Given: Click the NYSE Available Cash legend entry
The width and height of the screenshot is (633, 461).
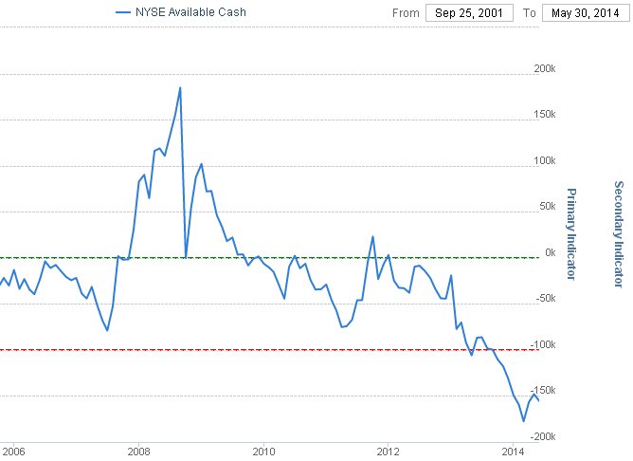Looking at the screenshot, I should click(185, 12).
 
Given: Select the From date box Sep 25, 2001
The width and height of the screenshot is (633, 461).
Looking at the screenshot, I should click(468, 13).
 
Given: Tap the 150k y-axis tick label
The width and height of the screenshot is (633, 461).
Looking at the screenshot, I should click(546, 115).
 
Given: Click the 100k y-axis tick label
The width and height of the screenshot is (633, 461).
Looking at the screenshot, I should click(546, 160).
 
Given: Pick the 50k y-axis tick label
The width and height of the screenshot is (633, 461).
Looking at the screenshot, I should click(548, 207).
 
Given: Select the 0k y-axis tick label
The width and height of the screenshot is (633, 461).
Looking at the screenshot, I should click(550, 252).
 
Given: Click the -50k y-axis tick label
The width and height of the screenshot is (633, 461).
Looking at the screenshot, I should click(546, 299).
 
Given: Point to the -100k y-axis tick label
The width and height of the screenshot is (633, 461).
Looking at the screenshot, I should click(544, 344).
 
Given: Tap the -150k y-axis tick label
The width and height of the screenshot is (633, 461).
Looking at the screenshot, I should click(544, 391).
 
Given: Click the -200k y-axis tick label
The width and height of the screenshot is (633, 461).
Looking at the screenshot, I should click(544, 436).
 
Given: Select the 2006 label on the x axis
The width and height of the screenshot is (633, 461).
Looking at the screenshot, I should click(14, 451).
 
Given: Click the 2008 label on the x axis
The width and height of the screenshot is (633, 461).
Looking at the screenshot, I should click(139, 451).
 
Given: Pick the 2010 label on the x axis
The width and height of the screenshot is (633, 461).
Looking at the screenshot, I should click(263, 451).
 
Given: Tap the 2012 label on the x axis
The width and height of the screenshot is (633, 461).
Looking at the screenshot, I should click(389, 451).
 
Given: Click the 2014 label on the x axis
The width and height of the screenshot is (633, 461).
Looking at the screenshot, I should click(513, 451).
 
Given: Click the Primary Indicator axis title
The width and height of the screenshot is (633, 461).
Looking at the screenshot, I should click(571, 233).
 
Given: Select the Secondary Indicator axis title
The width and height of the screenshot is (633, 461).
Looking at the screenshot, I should click(618, 233).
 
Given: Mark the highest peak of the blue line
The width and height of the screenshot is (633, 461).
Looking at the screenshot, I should click(180, 87).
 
